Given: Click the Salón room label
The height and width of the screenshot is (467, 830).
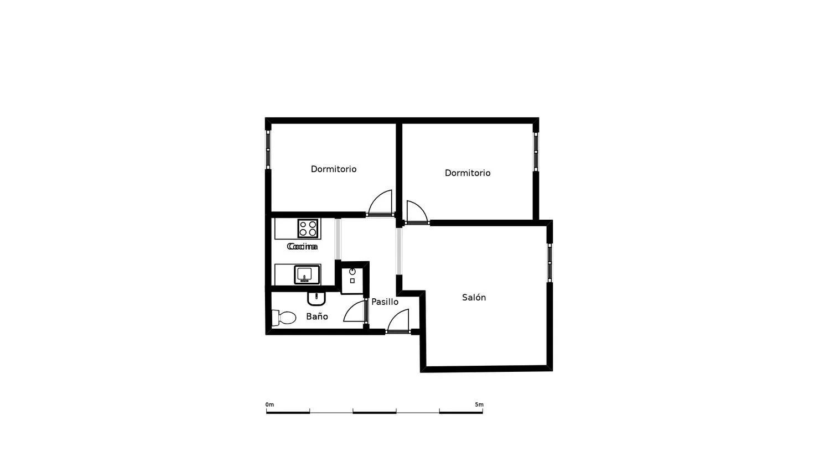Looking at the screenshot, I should (x=474, y=298).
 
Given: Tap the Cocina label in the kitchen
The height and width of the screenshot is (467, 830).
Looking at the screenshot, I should (x=302, y=246).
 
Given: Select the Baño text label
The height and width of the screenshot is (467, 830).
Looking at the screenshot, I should (x=317, y=316).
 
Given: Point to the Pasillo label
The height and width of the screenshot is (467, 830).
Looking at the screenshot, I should (x=385, y=302).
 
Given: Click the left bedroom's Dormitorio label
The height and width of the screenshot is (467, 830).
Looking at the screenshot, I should (x=334, y=169).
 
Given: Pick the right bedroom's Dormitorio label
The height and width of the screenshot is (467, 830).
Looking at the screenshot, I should (x=468, y=173).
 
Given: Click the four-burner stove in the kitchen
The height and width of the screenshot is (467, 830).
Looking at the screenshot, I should (x=308, y=228).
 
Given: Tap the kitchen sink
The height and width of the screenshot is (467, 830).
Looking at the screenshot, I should (x=304, y=274).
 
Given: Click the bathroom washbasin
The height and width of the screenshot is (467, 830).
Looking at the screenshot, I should (x=317, y=298).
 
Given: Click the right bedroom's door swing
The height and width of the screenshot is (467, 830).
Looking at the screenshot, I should (x=416, y=212).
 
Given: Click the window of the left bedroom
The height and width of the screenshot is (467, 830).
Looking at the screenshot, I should (x=268, y=149).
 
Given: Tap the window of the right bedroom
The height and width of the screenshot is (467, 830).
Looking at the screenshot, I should (x=536, y=151).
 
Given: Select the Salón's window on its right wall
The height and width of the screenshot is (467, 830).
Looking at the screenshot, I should (x=549, y=262).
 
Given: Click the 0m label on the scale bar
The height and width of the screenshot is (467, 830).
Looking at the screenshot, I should (x=269, y=404).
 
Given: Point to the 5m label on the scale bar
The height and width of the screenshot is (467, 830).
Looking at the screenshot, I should (x=479, y=404).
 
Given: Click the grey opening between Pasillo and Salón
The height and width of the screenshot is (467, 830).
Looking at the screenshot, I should (x=398, y=251).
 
